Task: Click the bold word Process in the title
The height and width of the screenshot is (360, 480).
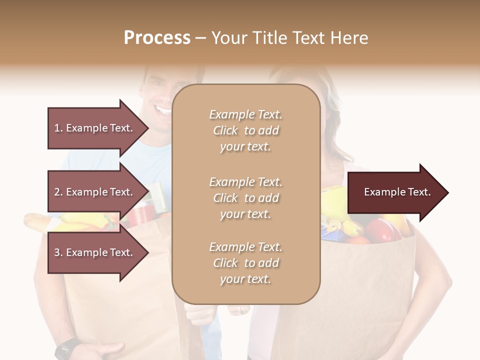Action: tap(157, 38)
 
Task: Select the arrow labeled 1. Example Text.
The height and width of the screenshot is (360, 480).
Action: tap(95, 128)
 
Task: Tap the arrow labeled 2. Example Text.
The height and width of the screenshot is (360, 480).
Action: tap(95, 192)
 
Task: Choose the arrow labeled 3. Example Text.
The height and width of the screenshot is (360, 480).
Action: tap(95, 252)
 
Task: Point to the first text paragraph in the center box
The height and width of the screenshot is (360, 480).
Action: tap(245, 130)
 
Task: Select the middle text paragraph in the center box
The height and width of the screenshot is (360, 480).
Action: tap(245, 198)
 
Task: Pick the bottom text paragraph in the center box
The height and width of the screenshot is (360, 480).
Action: tap(245, 263)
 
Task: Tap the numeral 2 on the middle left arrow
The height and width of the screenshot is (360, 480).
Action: tap(57, 192)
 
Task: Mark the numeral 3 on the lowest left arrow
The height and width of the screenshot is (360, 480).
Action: tap(57, 252)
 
